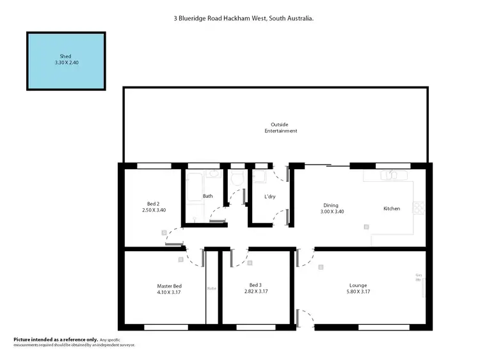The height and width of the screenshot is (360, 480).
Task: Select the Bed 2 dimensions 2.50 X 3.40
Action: (x=154, y=209)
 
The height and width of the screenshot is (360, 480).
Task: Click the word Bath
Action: (x=208, y=196)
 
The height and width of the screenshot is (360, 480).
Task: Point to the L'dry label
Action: (x=269, y=196)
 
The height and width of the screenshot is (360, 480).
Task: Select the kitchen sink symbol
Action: (x=391, y=175)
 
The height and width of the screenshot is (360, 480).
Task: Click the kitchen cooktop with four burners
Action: (x=420, y=208)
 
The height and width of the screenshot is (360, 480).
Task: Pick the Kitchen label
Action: (x=392, y=208)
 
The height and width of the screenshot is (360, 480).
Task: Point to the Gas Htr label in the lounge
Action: (x=419, y=278)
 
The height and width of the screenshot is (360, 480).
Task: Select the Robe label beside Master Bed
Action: (x=211, y=289)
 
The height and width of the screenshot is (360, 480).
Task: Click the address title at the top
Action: (x=243, y=19)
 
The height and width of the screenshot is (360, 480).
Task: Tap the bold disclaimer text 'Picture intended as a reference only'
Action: (x=56, y=339)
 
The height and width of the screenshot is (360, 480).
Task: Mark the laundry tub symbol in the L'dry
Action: (x=260, y=176)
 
